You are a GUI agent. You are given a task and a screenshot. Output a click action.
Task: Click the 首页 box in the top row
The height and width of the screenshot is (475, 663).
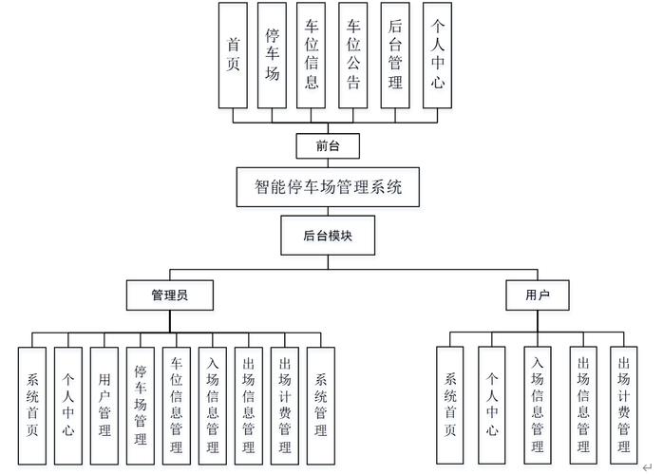(232, 55)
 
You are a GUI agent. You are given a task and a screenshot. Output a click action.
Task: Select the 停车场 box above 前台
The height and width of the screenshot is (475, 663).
(272, 55)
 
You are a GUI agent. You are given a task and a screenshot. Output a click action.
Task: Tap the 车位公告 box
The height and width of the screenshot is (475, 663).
(353, 55)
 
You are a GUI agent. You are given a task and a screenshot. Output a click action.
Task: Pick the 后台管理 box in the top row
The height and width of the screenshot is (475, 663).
(395, 55)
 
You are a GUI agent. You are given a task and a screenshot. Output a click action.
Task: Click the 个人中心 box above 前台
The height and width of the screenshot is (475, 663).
(436, 55)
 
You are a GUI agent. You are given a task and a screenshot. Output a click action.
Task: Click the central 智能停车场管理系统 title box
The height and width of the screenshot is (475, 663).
(329, 186)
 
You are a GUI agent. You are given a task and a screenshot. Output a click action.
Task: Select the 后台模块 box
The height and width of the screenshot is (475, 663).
(328, 236)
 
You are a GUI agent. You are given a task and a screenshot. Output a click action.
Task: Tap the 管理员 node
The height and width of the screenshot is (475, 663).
(169, 294)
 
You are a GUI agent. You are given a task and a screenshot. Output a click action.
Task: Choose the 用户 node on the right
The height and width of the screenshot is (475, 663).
(538, 294)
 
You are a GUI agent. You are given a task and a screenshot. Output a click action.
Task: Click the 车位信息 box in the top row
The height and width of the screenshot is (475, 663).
(313, 55)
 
